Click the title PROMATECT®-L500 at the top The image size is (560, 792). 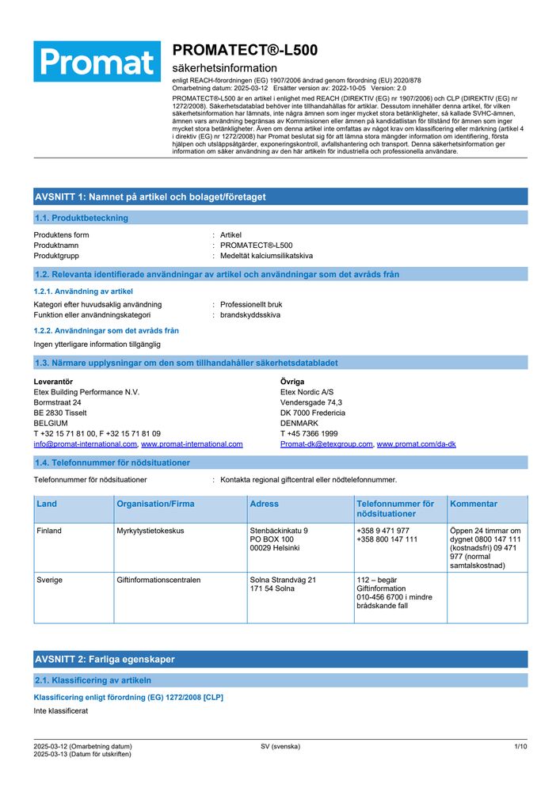click(x=245, y=50)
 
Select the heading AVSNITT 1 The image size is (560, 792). click(x=150, y=196)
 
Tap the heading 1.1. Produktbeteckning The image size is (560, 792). click(x=81, y=218)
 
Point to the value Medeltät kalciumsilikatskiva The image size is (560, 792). click(x=266, y=256)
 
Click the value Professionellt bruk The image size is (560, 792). click(x=251, y=304)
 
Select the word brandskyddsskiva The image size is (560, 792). click(x=250, y=314)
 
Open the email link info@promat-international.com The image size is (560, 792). click(x=85, y=444)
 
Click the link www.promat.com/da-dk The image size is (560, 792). click(x=416, y=444)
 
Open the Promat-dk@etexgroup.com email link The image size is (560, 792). click(x=326, y=444)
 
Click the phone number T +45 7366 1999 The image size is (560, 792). click(x=309, y=433)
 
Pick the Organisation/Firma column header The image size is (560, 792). click(x=155, y=504)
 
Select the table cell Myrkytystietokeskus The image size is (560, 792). click(x=150, y=531)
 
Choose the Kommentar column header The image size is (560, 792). click(x=474, y=504)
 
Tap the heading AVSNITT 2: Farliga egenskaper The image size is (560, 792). click(x=105, y=659)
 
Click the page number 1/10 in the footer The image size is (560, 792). click(x=520, y=746)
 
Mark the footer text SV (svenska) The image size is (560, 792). click(x=280, y=746)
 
